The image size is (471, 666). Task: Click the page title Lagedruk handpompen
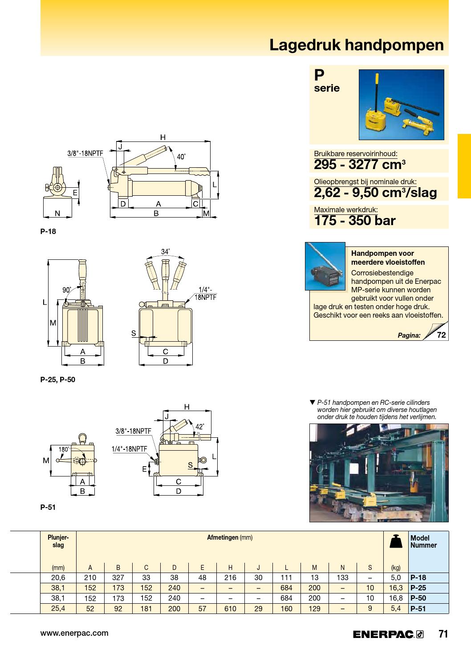point(357,45)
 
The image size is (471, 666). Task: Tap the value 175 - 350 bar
point(355,221)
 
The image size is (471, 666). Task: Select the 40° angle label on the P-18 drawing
point(181,157)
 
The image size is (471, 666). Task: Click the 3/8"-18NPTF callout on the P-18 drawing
point(85,153)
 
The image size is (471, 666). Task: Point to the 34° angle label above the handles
point(165,252)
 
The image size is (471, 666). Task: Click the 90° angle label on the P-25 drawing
point(67,290)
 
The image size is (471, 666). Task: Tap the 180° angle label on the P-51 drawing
point(64,449)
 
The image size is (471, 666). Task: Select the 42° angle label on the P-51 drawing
point(200,427)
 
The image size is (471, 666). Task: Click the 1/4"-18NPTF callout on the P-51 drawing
point(129,449)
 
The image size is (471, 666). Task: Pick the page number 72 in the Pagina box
point(441,335)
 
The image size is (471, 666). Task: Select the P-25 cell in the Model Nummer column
point(418,588)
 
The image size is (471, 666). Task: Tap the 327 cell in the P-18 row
point(118,578)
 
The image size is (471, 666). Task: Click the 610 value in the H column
point(230,609)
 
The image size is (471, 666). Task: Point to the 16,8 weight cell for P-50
point(396,598)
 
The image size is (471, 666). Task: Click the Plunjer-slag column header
point(58,541)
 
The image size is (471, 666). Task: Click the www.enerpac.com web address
point(74,633)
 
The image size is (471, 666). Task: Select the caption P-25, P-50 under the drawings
point(57,380)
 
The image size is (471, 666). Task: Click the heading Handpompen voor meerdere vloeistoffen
point(388,258)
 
